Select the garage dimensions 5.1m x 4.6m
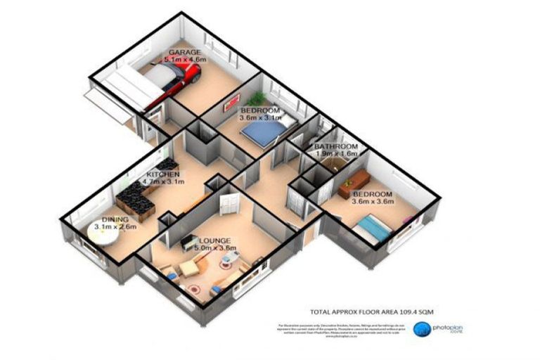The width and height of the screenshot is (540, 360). [x=185, y=60]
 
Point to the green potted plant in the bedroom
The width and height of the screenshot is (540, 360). [x=257, y=98]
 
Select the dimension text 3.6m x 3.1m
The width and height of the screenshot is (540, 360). [x=259, y=119]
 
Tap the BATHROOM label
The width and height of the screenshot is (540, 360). [x=336, y=146]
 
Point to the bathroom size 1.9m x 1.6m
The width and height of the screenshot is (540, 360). [x=337, y=153]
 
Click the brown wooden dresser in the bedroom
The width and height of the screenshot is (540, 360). [x=352, y=181]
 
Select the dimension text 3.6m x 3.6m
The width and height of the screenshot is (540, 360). [x=373, y=202]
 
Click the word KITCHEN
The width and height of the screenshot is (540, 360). [x=162, y=174]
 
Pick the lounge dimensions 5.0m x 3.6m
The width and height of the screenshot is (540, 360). [x=212, y=248]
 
